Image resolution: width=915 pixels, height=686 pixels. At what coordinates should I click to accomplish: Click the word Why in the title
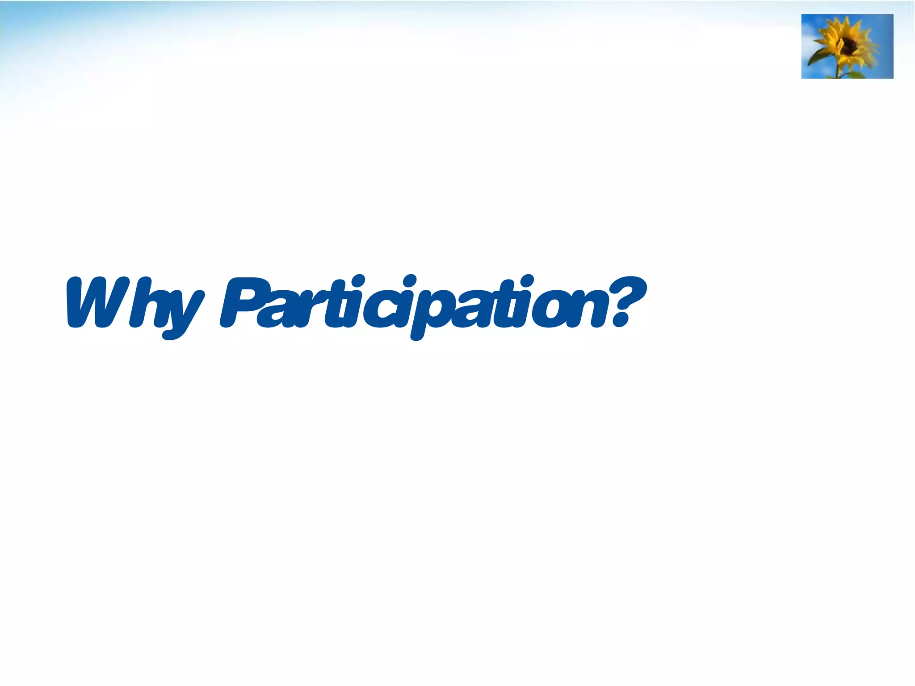[134, 304]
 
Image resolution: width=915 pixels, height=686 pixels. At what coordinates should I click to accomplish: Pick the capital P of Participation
[243, 301]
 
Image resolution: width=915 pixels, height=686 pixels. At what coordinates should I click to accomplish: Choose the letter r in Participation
[308, 308]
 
